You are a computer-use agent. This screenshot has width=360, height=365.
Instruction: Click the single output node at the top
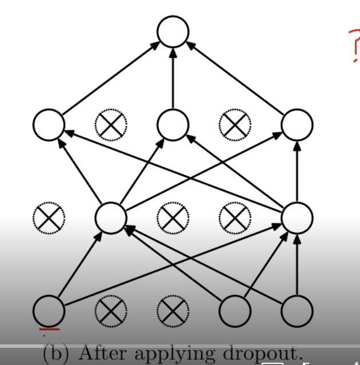(x=173, y=31)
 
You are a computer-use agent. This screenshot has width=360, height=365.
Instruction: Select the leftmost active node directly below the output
(x=49, y=124)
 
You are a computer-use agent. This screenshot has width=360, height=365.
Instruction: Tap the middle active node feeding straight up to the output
(x=173, y=124)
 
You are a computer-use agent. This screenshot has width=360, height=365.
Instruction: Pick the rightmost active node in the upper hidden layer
(x=297, y=124)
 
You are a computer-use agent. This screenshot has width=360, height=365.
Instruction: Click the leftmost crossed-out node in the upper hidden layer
(x=110, y=124)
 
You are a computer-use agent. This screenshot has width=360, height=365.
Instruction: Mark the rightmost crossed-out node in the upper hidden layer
(x=235, y=124)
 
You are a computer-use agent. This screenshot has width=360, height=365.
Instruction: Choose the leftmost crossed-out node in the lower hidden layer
(x=49, y=217)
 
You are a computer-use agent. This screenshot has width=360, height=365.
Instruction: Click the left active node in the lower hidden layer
(x=110, y=217)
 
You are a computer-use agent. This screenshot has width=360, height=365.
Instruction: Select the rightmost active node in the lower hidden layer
(x=297, y=217)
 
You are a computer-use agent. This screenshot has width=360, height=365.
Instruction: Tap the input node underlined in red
(x=49, y=311)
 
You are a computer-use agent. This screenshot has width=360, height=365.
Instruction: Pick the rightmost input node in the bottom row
(x=297, y=311)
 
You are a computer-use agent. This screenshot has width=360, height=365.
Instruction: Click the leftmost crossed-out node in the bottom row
(x=110, y=311)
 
